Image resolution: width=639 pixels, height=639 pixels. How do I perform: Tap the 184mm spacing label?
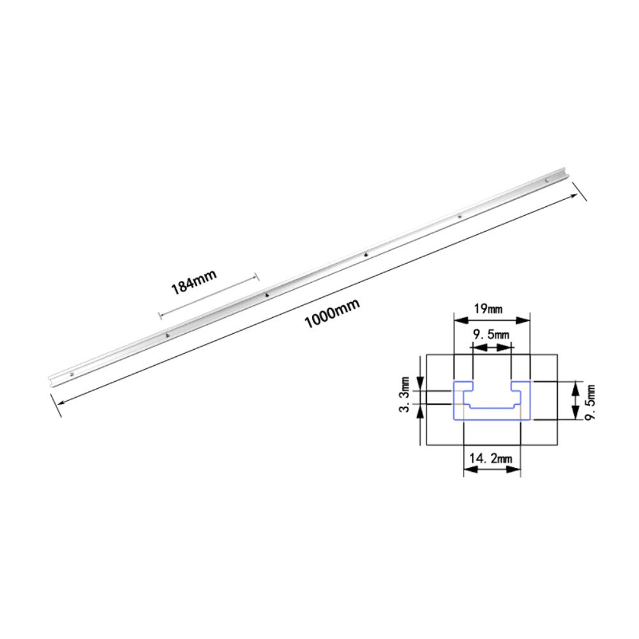(x=193, y=282)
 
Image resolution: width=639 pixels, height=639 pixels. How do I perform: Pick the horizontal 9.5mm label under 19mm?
(x=492, y=335)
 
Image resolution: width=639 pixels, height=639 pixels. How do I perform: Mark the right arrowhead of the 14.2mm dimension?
(x=516, y=470)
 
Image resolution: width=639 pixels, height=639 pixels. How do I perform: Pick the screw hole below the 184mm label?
(x=266, y=296)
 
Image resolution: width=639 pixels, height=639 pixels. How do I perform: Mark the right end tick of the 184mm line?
(x=256, y=276)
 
